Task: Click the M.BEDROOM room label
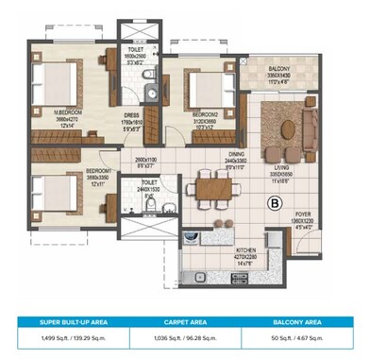[x=68, y=111]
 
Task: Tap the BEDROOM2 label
[x=205, y=114]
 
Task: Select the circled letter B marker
[x=276, y=201]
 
